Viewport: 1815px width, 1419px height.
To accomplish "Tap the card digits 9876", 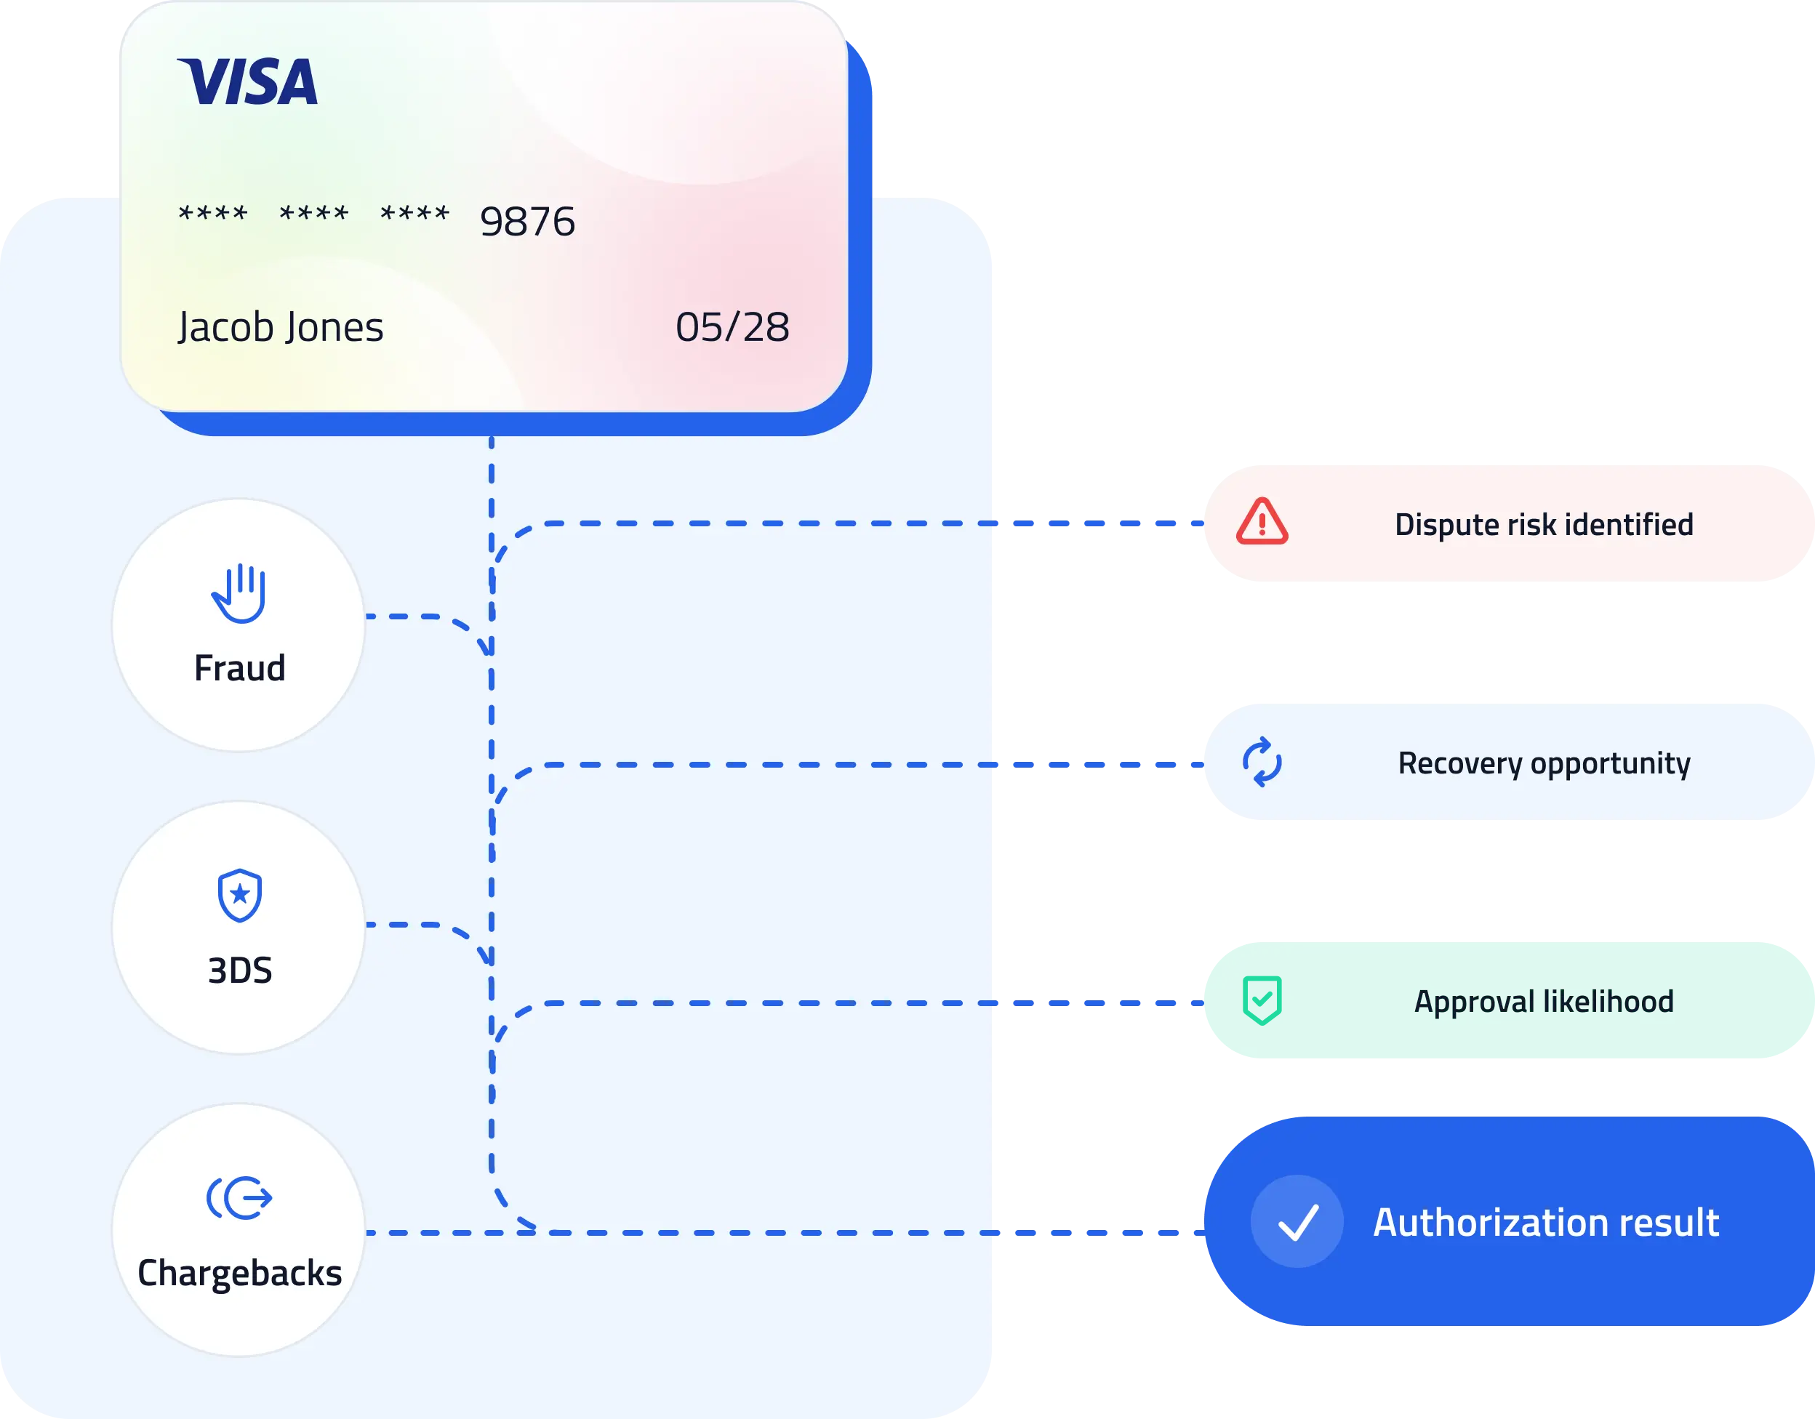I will pyautogui.click(x=528, y=222).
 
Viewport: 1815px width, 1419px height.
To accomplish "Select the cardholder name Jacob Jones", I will pyautogui.click(x=280, y=326).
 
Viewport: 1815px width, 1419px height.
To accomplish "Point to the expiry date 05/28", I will pyautogui.click(x=732, y=326).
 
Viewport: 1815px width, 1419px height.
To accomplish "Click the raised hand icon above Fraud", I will pyautogui.click(x=239, y=593).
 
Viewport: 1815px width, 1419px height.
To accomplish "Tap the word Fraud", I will pyautogui.click(x=239, y=668).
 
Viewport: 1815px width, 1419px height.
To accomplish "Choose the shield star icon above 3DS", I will pyautogui.click(x=239, y=896).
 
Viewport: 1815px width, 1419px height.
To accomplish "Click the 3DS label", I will pyautogui.click(x=239, y=970).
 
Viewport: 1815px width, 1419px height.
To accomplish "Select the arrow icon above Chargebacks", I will pyautogui.click(x=239, y=1198).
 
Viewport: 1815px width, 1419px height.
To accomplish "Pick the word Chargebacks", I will pyautogui.click(x=239, y=1273).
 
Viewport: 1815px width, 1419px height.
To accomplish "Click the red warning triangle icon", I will pyautogui.click(x=1262, y=523).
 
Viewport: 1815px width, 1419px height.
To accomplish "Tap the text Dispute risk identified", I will pyautogui.click(x=1543, y=524).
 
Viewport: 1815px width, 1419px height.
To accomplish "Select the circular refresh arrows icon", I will pyautogui.click(x=1262, y=762).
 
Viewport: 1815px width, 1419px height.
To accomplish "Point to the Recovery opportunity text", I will pyautogui.click(x=1543, y=763).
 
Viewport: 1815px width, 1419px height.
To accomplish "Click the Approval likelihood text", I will pyautogui.click(x=1543, y=1001).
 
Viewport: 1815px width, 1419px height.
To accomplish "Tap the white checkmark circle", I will pyautogui.click(x=1297, y=1221).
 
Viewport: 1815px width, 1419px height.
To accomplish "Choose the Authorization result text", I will pyautogui.click(x=1546, y=1222).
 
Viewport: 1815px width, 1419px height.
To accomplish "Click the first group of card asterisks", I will pyautogui.click(x=213, y=214).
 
